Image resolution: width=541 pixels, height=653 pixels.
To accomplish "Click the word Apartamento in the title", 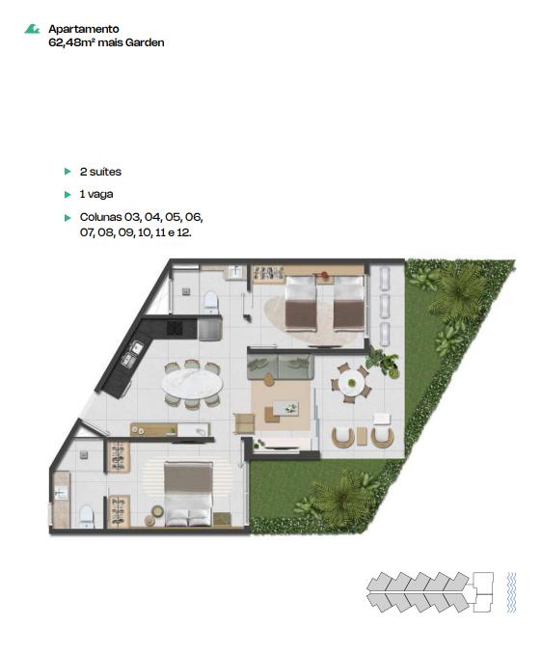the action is (84, 29).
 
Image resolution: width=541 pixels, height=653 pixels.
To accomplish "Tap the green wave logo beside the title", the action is (32, 29).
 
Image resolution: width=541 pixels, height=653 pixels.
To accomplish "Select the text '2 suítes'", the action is (100, 172).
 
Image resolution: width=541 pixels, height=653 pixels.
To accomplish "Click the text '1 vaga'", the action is (96, 194).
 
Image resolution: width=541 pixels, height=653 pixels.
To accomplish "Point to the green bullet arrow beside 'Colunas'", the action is (68, 218).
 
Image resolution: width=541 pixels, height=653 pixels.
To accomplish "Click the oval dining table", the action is (193, 385).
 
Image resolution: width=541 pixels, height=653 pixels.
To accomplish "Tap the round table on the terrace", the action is (352, 383).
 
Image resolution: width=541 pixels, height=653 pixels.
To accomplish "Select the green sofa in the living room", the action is (281, 367).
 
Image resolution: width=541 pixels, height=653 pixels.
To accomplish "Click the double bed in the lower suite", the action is (189, 494).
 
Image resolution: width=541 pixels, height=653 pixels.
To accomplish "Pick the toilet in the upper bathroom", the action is (211, 302).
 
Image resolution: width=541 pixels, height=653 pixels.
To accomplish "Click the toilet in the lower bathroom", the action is (87, 516).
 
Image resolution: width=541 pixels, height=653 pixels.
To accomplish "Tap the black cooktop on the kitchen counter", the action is (175, 328).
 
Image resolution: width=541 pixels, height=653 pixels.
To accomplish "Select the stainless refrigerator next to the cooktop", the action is (209, 328).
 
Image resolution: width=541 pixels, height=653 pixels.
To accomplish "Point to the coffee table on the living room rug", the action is (285, 407).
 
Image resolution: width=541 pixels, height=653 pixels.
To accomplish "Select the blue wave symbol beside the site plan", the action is (511, 592).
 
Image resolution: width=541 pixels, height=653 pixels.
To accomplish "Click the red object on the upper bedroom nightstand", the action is (324, 275).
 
